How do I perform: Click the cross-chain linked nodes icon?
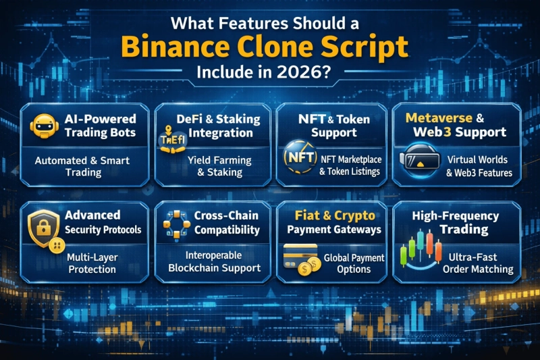175,224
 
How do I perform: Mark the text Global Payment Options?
354,263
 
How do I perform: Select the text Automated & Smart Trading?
83,166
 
